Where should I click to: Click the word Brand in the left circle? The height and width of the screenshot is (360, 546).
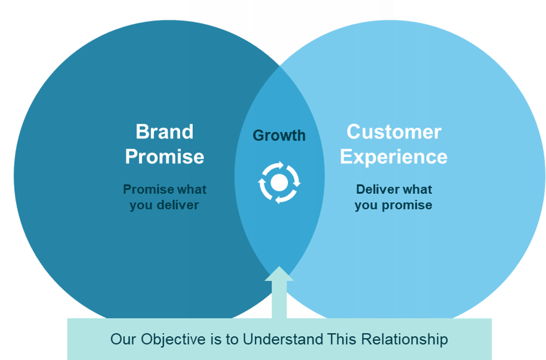pos(165,131)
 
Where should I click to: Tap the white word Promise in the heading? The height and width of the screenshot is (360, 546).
pos(165,157)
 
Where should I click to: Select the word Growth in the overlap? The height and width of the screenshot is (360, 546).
pos(279,135)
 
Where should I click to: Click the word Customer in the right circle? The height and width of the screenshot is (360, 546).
pos(394,132)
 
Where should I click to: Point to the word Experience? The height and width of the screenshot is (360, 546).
pos(394,157)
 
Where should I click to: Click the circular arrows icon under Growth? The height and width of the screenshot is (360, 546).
pos(279,182)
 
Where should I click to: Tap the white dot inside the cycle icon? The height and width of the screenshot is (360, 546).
pos(279,182)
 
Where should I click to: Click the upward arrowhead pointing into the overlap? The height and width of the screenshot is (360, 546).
pos(279,274)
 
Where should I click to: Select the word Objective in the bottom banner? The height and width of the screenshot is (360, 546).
pos(173,340)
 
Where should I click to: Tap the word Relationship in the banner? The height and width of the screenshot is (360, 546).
pos(405,340)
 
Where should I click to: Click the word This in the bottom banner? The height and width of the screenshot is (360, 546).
pos(342,339)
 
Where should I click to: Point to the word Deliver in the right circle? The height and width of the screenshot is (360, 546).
pos(377,189)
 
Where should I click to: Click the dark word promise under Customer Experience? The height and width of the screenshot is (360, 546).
pos(407,205)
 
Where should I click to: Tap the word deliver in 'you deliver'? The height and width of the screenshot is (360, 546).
pos(178,205)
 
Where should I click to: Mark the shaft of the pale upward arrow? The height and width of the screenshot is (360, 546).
pos(279,299)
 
